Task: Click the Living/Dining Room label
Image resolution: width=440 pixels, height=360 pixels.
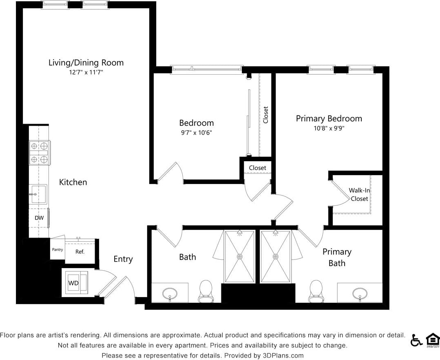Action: (x=86, y=63)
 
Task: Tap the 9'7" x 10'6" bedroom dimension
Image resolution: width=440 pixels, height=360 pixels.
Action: (x=197, y=133)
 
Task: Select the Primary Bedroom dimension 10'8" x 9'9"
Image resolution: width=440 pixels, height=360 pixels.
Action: (x=329, y=128)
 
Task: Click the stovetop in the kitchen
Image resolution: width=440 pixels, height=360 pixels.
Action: (x=40, y=153)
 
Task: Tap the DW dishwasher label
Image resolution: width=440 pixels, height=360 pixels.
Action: (x=39, y=218)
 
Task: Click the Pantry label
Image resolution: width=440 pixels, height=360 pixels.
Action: (x=57, y=249)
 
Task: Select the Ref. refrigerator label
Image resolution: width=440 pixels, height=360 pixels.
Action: (x=80, y=252)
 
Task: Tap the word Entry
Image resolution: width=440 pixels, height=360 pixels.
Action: (x=123, y=259)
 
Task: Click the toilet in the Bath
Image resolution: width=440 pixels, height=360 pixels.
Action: (x=206, y=291)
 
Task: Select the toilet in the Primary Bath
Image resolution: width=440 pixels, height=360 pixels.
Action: (x=316, y=291)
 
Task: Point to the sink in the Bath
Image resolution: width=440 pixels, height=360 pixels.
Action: (x=170, y=293)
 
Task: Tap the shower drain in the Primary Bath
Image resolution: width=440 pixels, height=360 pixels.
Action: (x=276, y=257)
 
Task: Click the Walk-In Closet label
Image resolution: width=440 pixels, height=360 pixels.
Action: (x=359, y=195)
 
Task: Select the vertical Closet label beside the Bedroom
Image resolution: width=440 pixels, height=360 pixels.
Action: (x=265, y=115)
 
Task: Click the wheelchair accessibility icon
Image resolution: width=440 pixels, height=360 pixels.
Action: (x=416, y=340)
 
